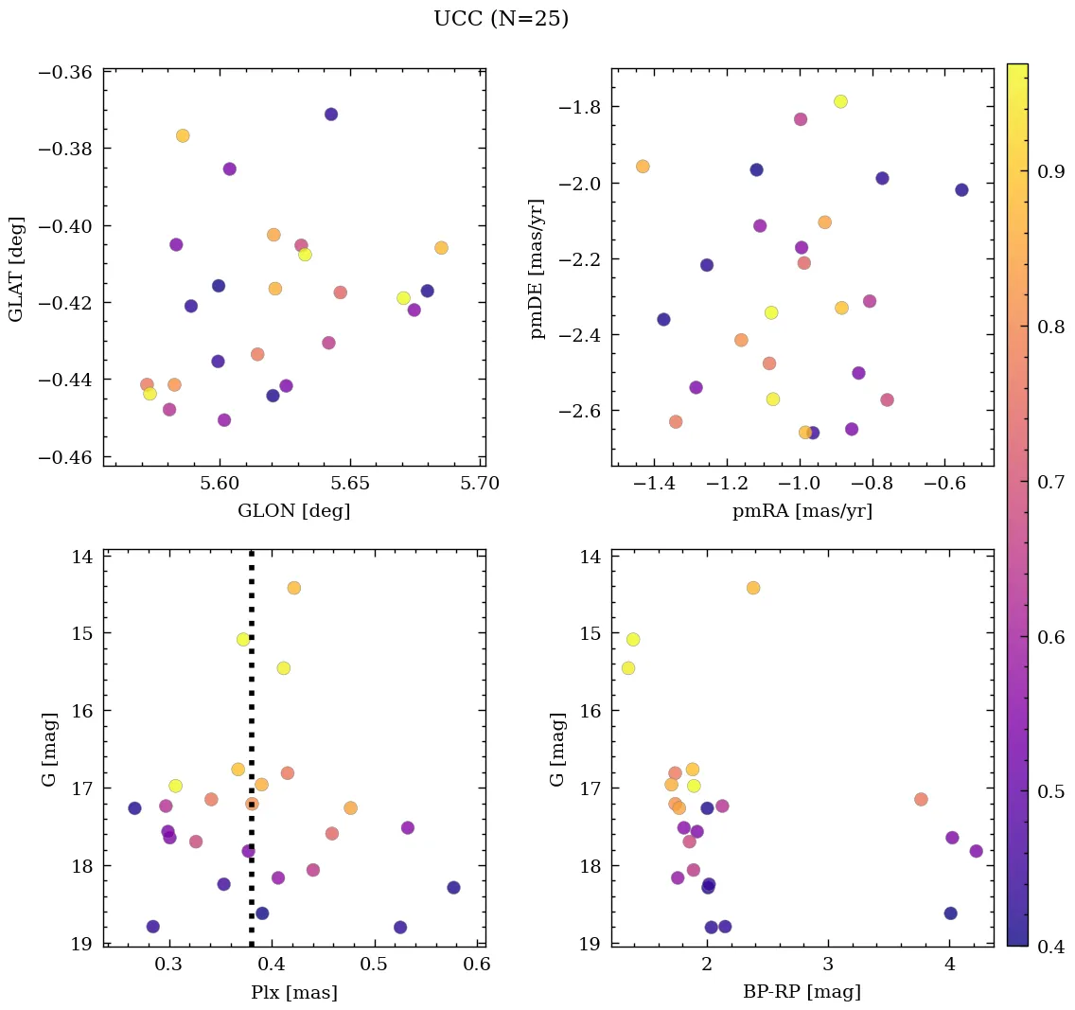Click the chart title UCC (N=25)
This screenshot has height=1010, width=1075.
(x=501, y=19)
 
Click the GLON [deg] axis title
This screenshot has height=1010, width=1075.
(x=293, y=511)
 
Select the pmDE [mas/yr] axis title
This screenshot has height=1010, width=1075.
(x=537, y=268)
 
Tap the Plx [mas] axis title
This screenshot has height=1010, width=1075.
(x=293, y=992)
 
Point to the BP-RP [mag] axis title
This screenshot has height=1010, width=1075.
(x=802, y=992)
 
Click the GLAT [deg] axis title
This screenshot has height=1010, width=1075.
(x=17, y=268)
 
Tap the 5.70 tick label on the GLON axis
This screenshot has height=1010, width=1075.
(x=480, y=484)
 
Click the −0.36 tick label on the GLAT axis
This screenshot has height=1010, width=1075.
(x=65, y=72)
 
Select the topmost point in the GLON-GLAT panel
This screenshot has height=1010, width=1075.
(x=331, y=115)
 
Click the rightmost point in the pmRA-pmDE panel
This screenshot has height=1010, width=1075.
(x=961, y=189)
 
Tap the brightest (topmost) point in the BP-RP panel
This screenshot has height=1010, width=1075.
(x=753, y=588)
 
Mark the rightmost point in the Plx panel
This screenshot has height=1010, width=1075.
(x=453, y=888)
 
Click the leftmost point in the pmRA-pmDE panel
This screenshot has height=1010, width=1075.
(x=643, y=167)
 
